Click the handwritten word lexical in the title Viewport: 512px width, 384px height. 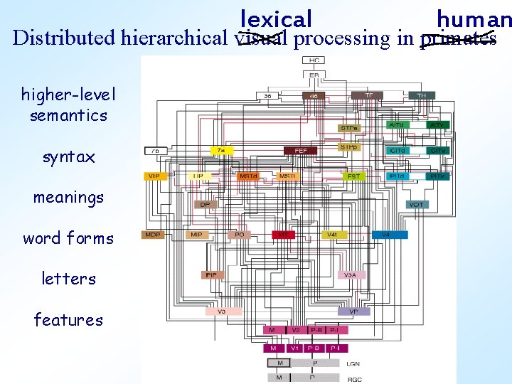click(x=276, y=18)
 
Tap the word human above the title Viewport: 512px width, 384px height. click(x=474, y=18)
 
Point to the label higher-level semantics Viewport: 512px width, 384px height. click(x=68, y=105)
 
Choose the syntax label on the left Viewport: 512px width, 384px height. click(x=68, y=157)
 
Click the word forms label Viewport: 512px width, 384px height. click(x=68, y=238)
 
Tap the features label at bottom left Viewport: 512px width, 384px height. click(x=68, y=320)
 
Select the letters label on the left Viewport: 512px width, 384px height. click(x=68, y=279)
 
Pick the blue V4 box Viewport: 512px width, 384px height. click(x=386, y=234)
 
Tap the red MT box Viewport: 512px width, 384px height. click(x=283, y=234)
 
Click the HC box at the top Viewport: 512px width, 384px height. click(x=314, y=60)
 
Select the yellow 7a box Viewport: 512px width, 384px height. click(x=223, y=151)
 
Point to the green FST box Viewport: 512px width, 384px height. click(x=353, y=176)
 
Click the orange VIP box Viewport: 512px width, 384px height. click(x=154, y=176)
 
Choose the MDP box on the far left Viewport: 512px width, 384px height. click(x=152, y=234)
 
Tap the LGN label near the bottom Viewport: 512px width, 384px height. click(x=353, y=363)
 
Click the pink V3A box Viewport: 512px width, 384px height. click(x=350, y=274)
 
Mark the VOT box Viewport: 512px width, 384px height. click(x=417, y=204)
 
